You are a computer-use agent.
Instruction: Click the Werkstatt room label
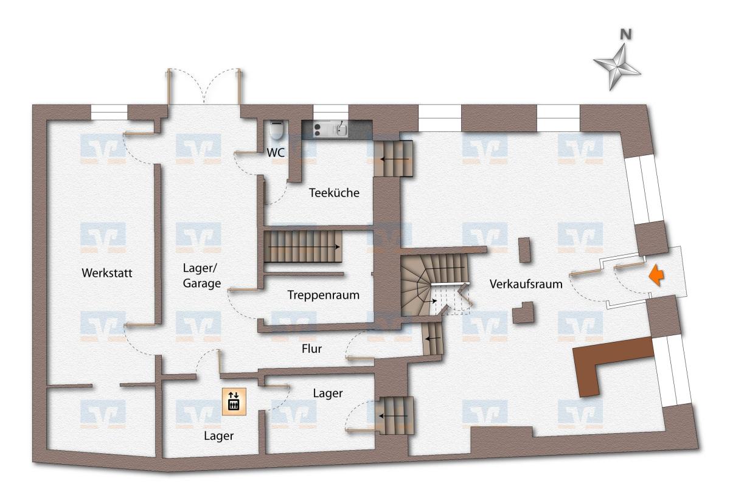(107, 273)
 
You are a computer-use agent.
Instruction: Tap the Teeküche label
(334, 193)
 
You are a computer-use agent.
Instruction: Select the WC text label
(276, 153)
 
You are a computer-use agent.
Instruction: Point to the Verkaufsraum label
(526, 284)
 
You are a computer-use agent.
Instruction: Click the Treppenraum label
(323, 295)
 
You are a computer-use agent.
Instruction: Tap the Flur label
(311, 349)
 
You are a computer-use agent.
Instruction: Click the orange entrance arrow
(656, 276)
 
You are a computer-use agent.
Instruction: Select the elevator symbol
(234, 401)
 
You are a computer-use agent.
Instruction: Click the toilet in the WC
(276, 130)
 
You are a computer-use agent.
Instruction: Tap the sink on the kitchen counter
(341, 130)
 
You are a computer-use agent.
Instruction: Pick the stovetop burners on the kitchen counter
(317, 130)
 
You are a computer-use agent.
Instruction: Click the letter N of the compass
(625, 34)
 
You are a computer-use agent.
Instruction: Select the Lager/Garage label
(202, 276)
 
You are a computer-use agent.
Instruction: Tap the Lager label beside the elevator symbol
(218, 436)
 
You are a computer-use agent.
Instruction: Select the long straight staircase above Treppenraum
(303, 247)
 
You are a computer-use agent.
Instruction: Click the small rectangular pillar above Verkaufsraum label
(524, 250)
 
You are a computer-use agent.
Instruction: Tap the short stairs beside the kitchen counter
(394, 159)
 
